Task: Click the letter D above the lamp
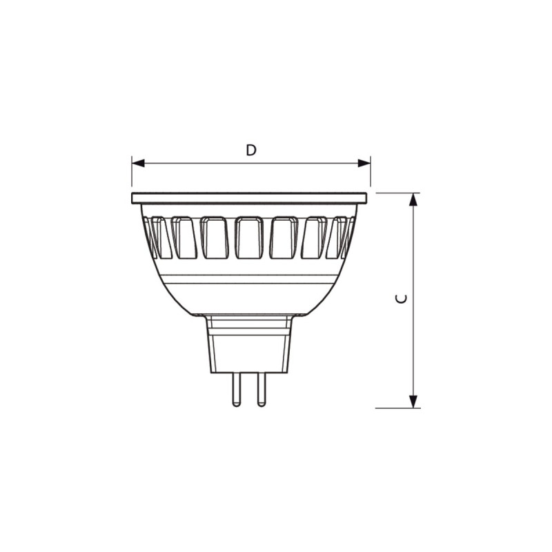click(x=251, y=150)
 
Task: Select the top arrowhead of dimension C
click(x=414, y=199)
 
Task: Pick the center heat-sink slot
click(x=249, y=238)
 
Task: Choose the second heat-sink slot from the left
click(x=184, y=238)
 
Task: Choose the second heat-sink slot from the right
click(x=314, y=238)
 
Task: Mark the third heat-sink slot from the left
click(x=215, y=238)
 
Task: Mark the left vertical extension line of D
click(x=131, y=172)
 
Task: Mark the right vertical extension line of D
click(x=371, y=172)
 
